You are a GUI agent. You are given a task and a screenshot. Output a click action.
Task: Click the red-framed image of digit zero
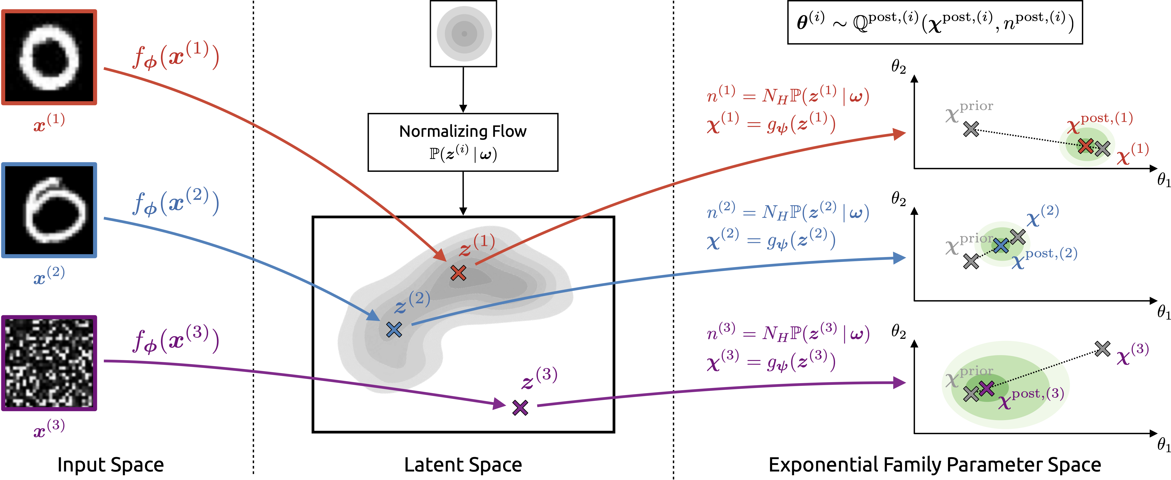tap(49, 57)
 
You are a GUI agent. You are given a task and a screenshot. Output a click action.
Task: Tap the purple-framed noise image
tap(49, 363)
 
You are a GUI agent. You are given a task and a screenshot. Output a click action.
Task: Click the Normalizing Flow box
tap(463, 142)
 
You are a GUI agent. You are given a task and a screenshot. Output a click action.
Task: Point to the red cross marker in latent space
tap(458, 273)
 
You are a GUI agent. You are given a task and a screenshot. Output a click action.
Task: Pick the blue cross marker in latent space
tap(394, 329)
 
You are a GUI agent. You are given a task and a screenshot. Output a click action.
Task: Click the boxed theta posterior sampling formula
tap(935, 22)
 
